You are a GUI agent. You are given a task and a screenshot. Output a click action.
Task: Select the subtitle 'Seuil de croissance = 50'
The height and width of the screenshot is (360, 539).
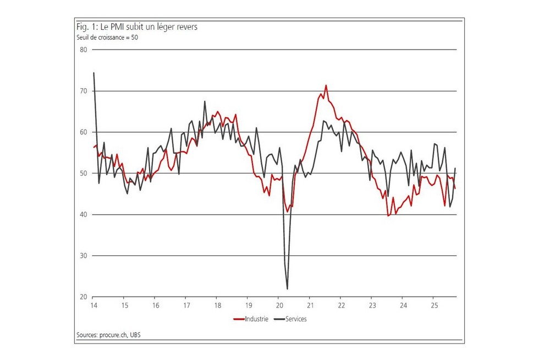(x=107, y=37)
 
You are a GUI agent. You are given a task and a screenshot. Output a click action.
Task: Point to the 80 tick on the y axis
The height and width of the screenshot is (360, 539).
(x=84, y=50)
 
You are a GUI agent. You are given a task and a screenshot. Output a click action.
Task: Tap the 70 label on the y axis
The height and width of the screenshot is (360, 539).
(x=84, y=91)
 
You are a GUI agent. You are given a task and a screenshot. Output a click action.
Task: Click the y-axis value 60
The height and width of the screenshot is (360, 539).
(x=84, y=132)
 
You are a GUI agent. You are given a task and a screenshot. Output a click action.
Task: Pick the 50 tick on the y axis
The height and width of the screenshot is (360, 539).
(x=84, y=173)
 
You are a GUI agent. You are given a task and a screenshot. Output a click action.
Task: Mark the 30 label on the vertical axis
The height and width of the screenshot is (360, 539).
(x=84, y=256)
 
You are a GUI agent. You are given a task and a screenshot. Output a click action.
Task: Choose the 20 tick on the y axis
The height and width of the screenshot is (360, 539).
(x=84, y=297)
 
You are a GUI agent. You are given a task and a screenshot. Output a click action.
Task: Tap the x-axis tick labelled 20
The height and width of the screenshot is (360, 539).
(x=279, y=306)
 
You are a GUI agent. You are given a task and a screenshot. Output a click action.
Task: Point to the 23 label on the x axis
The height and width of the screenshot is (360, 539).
(x=372, y=306)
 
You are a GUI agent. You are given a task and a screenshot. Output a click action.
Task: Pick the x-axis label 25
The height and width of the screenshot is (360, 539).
(x=433, y=306)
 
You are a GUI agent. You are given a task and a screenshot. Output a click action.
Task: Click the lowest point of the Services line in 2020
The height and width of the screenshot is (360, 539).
(x=287, y=289)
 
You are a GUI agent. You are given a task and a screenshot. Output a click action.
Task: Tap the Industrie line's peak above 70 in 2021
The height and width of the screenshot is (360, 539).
(x=326, y=85)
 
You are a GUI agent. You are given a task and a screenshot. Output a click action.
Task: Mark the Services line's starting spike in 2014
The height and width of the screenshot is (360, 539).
(x=94, y=73)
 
